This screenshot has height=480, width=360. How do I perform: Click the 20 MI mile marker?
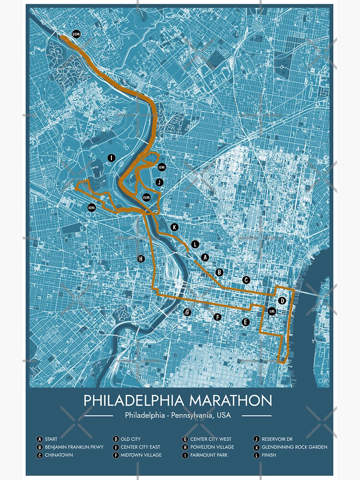77,34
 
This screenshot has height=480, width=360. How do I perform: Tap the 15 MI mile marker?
161,167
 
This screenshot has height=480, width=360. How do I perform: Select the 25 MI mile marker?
147,197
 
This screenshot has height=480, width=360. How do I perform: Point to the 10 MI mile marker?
91,207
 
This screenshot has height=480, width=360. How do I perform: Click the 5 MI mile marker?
272,311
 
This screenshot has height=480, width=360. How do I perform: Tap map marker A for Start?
205,257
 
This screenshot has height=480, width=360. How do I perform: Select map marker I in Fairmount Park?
111,157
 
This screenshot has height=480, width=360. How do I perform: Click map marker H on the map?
141,259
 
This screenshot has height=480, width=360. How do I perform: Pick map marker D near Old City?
282,300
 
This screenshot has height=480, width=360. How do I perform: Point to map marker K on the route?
174,227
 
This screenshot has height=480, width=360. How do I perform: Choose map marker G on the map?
188,312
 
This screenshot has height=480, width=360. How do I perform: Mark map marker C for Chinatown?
246,280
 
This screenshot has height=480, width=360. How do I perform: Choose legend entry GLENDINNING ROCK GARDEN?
294,447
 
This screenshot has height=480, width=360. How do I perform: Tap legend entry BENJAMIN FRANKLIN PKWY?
74,447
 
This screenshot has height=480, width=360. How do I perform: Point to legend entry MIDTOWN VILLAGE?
141,455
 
